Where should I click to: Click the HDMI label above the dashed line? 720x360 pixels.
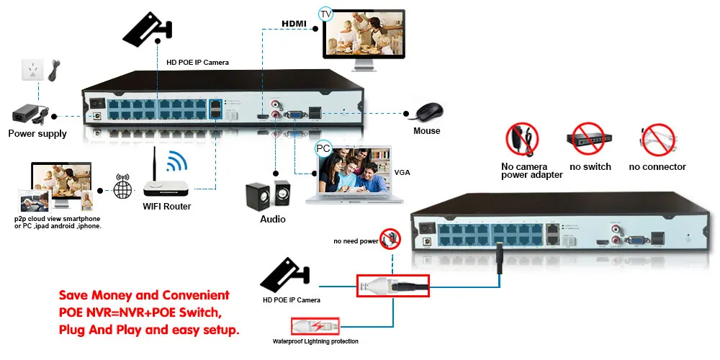[x=294, y=24]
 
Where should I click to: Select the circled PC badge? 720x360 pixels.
[x=323, y=149]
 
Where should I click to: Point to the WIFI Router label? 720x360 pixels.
[x=167, y=207]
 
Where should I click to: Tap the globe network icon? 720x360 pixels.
[x=123, y=189]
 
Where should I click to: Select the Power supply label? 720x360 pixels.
[x=37, y=133]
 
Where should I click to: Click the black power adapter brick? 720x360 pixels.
[x=29, y=113]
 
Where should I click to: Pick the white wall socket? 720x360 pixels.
[x=31, y=71]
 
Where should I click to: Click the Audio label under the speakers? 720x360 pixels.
[x=272, y=219]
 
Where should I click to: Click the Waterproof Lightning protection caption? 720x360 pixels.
[x=315, y=341]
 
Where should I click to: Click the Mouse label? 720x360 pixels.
[x=426, y=131]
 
